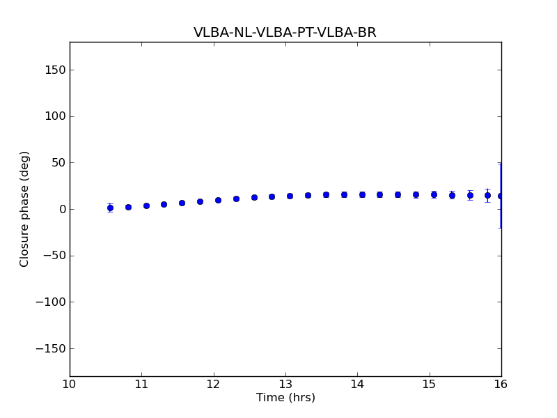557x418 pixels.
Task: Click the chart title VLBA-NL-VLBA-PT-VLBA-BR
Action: pyautogui.click(x=285, y=33)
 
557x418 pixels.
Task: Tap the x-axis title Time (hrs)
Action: pyautogui.click(x=285, y=398)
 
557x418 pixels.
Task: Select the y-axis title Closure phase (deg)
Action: pyautogui.click(x=25, y=209)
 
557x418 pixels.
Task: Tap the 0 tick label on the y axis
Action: pyautogui.click(x=61, y=209)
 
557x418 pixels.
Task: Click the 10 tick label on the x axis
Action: pyautogui.click(x=70, y=384)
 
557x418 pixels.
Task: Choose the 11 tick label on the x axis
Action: pyautogui.click(x=141, y=384)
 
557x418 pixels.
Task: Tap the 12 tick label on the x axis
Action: pyautogui.click(x=214, y=384)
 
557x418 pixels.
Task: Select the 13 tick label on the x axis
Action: pyautogui.click(x=285, y=384)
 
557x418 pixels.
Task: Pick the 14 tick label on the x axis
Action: pyautogui.click(x=357, y=384)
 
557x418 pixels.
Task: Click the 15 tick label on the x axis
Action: pyautogui.click(x=430, y=384)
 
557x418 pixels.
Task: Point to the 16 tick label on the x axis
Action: pyautogui.click(x=501, y=384)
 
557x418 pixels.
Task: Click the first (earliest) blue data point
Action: pyautogui.click(x=110, y=208)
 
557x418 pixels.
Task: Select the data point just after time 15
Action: pyautogui.click(x=434, y=194)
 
